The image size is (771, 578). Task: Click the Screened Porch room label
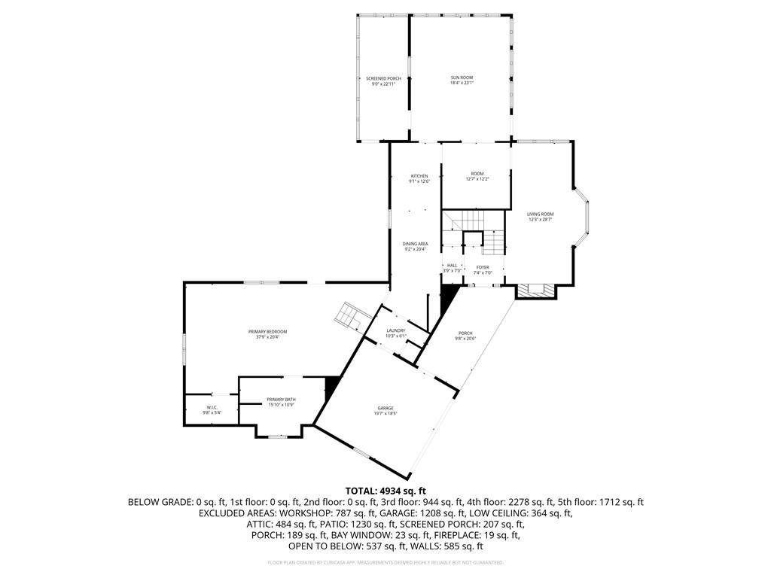tap(383, 79)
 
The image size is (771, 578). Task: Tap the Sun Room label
tap(462, 78)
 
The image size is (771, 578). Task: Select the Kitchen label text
tap(419, 177)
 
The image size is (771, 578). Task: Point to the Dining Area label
tap(415, 245)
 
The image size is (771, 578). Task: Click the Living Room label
tap(540, 215)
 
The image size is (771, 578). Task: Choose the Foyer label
tap(483, 268)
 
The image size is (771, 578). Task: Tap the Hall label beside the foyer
tap(453, 266)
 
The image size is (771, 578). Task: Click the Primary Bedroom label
tap(267, 332)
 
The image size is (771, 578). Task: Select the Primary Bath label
tap(281, 400)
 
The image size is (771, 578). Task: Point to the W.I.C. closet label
tap(212, 408)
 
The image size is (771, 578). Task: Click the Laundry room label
tap(396, 330)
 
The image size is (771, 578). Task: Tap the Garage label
tap(385, 409)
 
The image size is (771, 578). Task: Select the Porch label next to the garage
tap(465, 335)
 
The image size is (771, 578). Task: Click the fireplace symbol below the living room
tap(535, 289)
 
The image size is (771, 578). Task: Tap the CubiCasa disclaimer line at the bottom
tap(385, 562)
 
